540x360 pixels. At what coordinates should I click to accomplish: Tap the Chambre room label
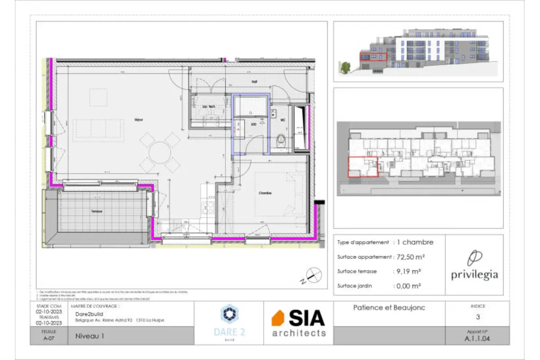(x=265, y=193)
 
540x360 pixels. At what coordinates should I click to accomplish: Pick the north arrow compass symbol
(x=313, y=275)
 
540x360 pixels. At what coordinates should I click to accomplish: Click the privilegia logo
(x=474, y=266)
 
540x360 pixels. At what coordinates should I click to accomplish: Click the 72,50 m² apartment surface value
(x=410, y=257)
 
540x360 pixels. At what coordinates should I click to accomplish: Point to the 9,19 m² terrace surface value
(x=408, y=271)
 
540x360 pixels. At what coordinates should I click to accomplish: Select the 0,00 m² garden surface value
(x=408, y=286)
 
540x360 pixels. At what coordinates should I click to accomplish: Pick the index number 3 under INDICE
(x=477, y=317)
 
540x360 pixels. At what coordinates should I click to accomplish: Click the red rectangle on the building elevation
(x=373, y=57)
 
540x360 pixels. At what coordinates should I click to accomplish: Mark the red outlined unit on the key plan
(x=363, y=166)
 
